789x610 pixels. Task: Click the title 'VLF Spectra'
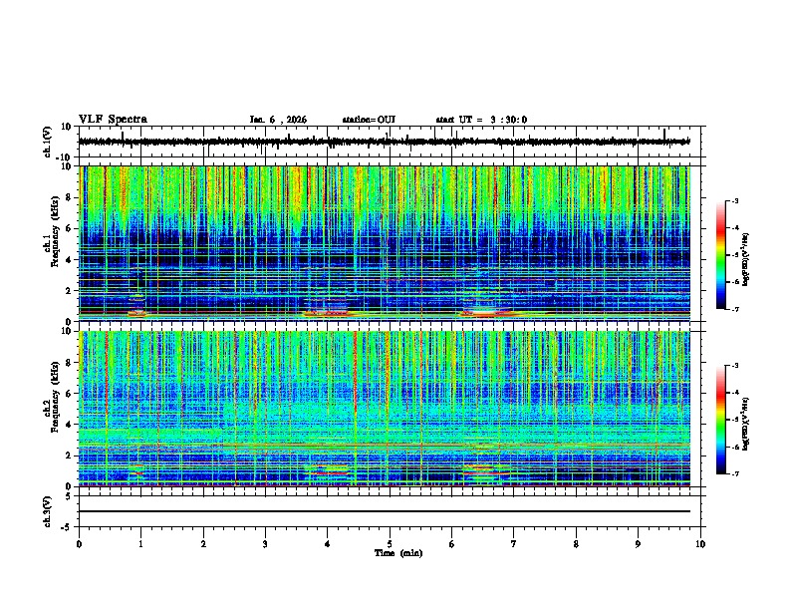113,120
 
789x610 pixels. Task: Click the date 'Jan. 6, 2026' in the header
279,120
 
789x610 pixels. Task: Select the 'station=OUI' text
369,120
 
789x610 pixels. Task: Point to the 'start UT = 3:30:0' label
481,120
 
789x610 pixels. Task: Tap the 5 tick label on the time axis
390,544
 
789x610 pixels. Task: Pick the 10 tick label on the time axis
700,544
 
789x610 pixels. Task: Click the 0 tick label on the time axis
79,544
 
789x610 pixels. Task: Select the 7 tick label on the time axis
514,544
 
